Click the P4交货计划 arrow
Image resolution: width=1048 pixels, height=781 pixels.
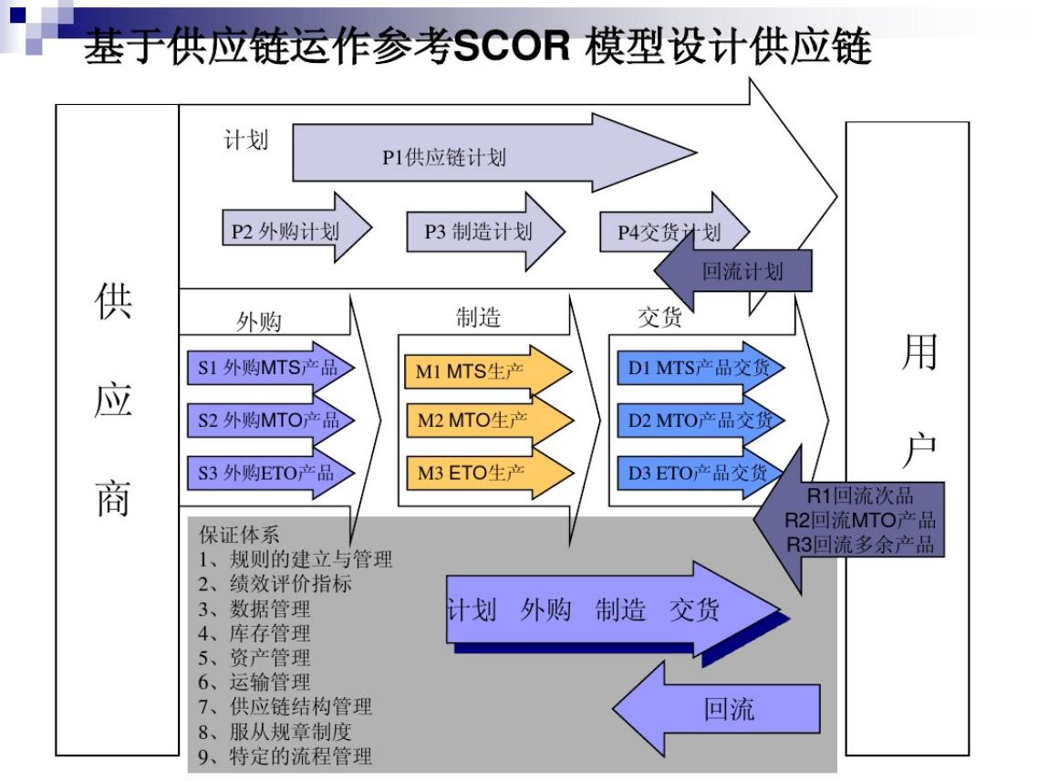[661, 232]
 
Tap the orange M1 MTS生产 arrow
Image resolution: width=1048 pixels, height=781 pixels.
[479, 370]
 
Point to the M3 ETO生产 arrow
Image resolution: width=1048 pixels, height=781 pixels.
[479, 473]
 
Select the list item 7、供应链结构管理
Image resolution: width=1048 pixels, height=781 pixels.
[285, 706]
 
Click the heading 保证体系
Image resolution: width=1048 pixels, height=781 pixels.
[239, 535]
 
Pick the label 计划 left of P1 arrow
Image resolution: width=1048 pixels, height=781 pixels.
[245, 140]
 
